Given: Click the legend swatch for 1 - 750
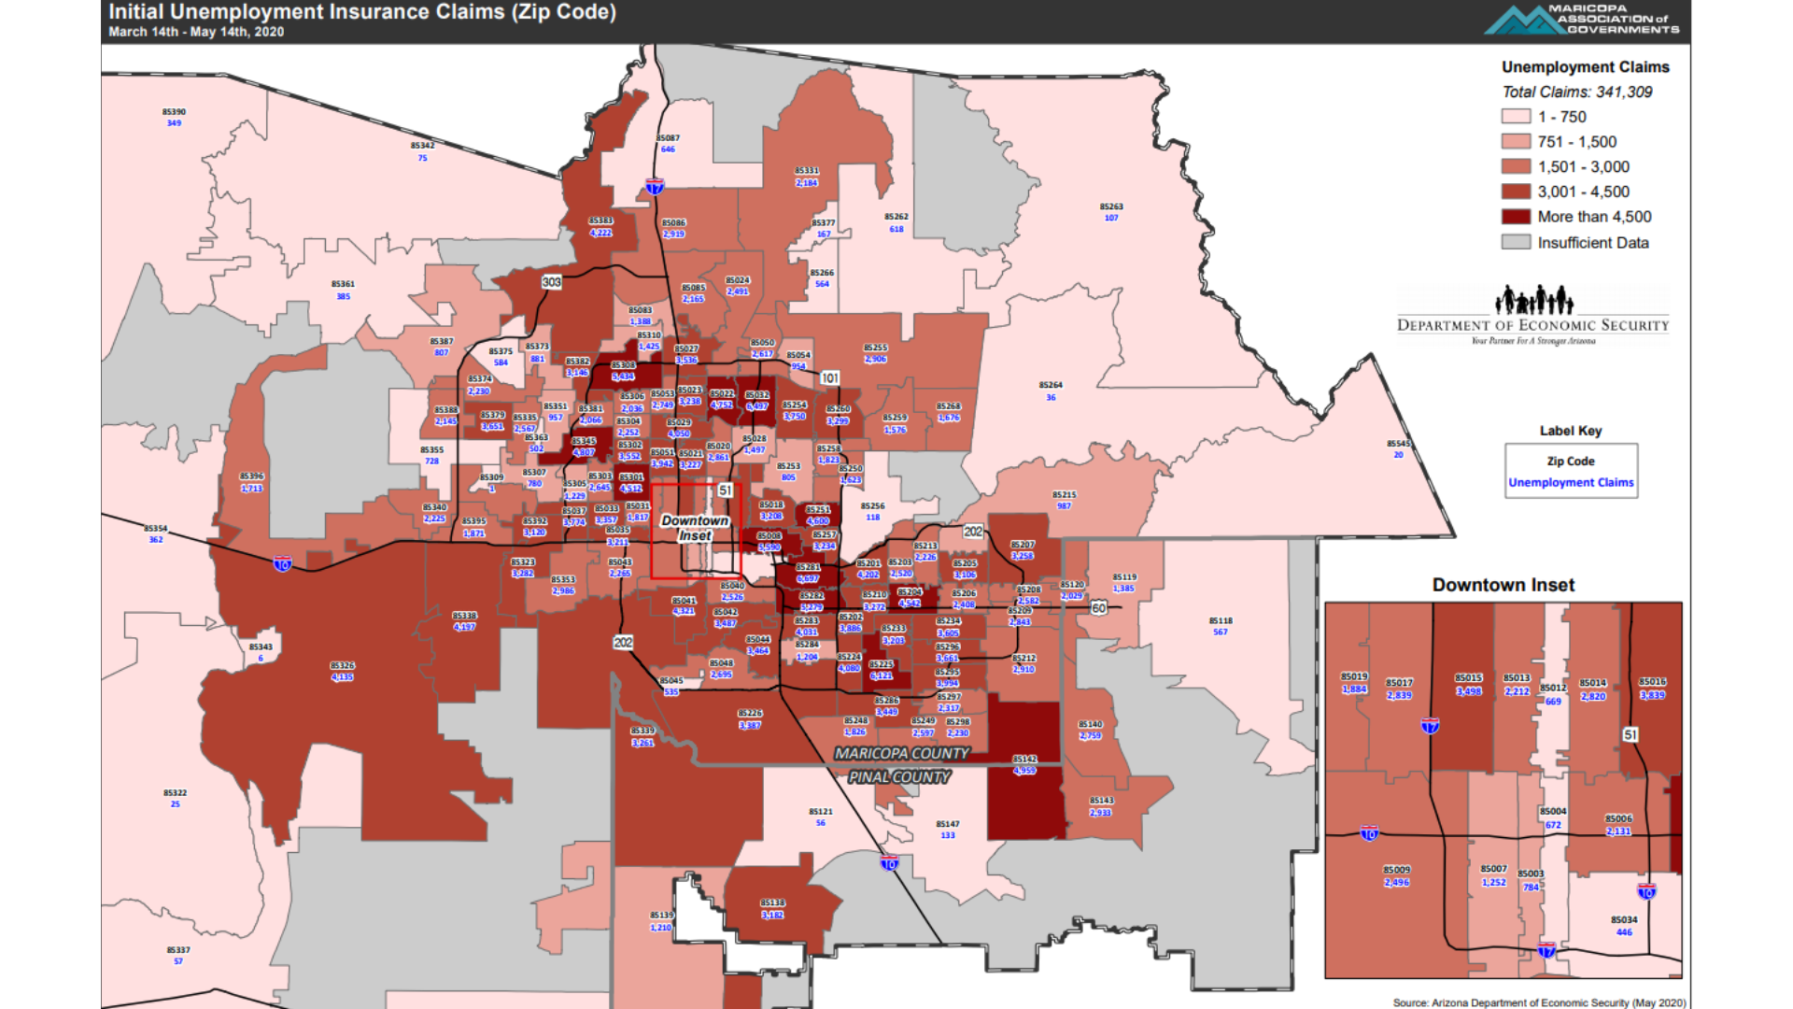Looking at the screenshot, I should click(1516, 117).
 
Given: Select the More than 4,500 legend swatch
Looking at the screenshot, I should click(1516, 217).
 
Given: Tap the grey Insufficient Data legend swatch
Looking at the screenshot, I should click(1516, 242).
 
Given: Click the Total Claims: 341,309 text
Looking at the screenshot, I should click(1576, 92).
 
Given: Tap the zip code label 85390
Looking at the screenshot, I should click(174, 112).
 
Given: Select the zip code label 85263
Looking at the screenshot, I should click(1111, 206).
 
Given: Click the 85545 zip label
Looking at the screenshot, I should click(1398, 444).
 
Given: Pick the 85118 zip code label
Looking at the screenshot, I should click(1221, 620).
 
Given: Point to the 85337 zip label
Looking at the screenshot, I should click(178, 950).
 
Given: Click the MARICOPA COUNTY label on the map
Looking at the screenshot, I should click(901, 753).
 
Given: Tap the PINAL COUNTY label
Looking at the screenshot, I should click(899, 777).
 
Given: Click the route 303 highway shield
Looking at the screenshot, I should click(552, 281).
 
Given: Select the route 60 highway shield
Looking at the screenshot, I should click(1098, 607).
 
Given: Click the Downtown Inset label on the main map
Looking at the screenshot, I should click(695, 528).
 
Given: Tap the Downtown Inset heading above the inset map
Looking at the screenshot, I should click(1504, 585).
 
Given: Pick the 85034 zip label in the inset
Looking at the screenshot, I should click(1624, 919).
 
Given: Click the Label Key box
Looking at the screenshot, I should click(1571, 471).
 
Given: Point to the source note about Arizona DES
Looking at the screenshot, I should click(1539, 1002).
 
